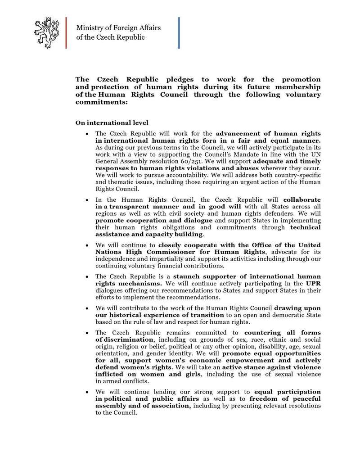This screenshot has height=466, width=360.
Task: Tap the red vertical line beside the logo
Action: pyautogui.click(x=66, y=32)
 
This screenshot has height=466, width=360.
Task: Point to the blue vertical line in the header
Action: pyautogui.click(x=179, y=32)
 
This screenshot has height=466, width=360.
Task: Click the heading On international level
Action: pyautogui.click(x=112, y=122)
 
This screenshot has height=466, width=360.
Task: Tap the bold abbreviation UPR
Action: pyautogui.click(x=313, y=283)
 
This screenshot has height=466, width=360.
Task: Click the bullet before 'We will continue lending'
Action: pyautogui.click(x=86, y=392)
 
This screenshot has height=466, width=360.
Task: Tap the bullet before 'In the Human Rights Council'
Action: pyautogui.click(x=86, y=199)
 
